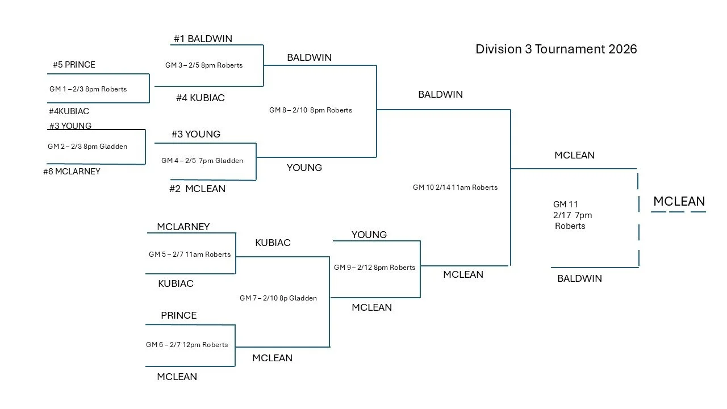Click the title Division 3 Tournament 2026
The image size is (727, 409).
point(556,49)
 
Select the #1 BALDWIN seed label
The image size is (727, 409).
point(203,39)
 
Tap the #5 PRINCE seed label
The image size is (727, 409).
point(74,65)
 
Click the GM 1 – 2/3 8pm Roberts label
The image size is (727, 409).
point(88,89)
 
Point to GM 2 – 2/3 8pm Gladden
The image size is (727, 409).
point(87,147)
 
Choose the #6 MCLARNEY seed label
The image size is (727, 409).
point(72,172)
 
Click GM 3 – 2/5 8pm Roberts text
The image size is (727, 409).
point(204,65)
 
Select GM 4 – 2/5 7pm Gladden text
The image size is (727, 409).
point(202,161)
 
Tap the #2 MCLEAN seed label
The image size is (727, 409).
point(197,189)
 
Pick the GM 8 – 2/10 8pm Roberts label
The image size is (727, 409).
point(311,110)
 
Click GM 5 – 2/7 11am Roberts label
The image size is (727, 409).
point(190,254)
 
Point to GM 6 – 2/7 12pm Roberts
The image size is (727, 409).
point(187,345)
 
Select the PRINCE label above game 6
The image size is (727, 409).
point(178,315)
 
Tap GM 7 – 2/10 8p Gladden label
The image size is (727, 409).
point(278,298)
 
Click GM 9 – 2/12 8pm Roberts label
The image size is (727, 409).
point(374,268)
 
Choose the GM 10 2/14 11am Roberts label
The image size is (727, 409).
point(455,187)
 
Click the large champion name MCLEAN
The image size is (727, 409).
point(679,201)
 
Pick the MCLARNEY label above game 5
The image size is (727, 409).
point(183,227)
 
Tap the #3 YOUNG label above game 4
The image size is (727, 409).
point(196,135)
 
